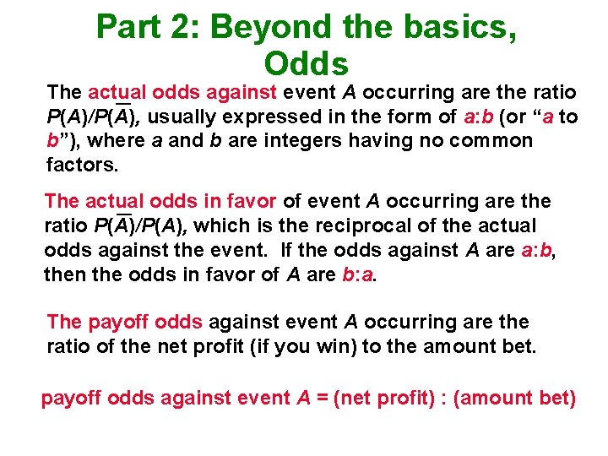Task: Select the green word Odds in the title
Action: click(x=306, y=63)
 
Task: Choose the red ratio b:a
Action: click(x=356, y=274)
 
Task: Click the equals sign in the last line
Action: click(x=322, y=398)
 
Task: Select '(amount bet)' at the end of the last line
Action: click(x=515, y=398)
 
